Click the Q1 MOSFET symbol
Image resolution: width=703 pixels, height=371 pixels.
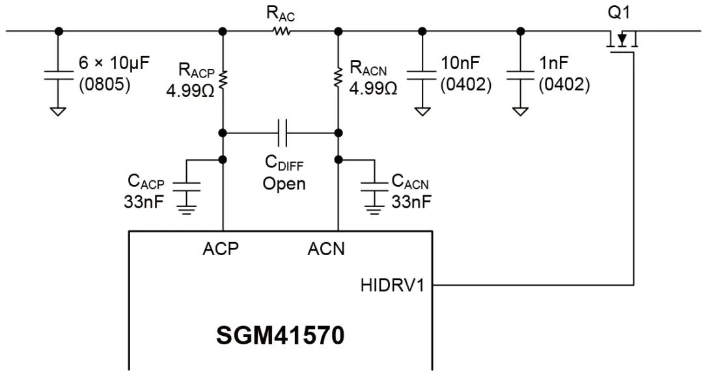click(x=622, y=42)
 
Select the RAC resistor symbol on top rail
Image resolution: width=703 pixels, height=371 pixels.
click(x=281, y=31)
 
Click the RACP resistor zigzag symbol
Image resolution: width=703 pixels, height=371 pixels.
click(x=223, y=78)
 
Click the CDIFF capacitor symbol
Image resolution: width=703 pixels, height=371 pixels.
click(x=281, y=133)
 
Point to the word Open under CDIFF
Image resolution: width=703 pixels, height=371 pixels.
click(x=284, y=184)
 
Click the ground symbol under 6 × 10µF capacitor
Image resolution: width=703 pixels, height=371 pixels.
click(x=58, y=111)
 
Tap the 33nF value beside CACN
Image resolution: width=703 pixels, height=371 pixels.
click(x=411, y=202)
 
